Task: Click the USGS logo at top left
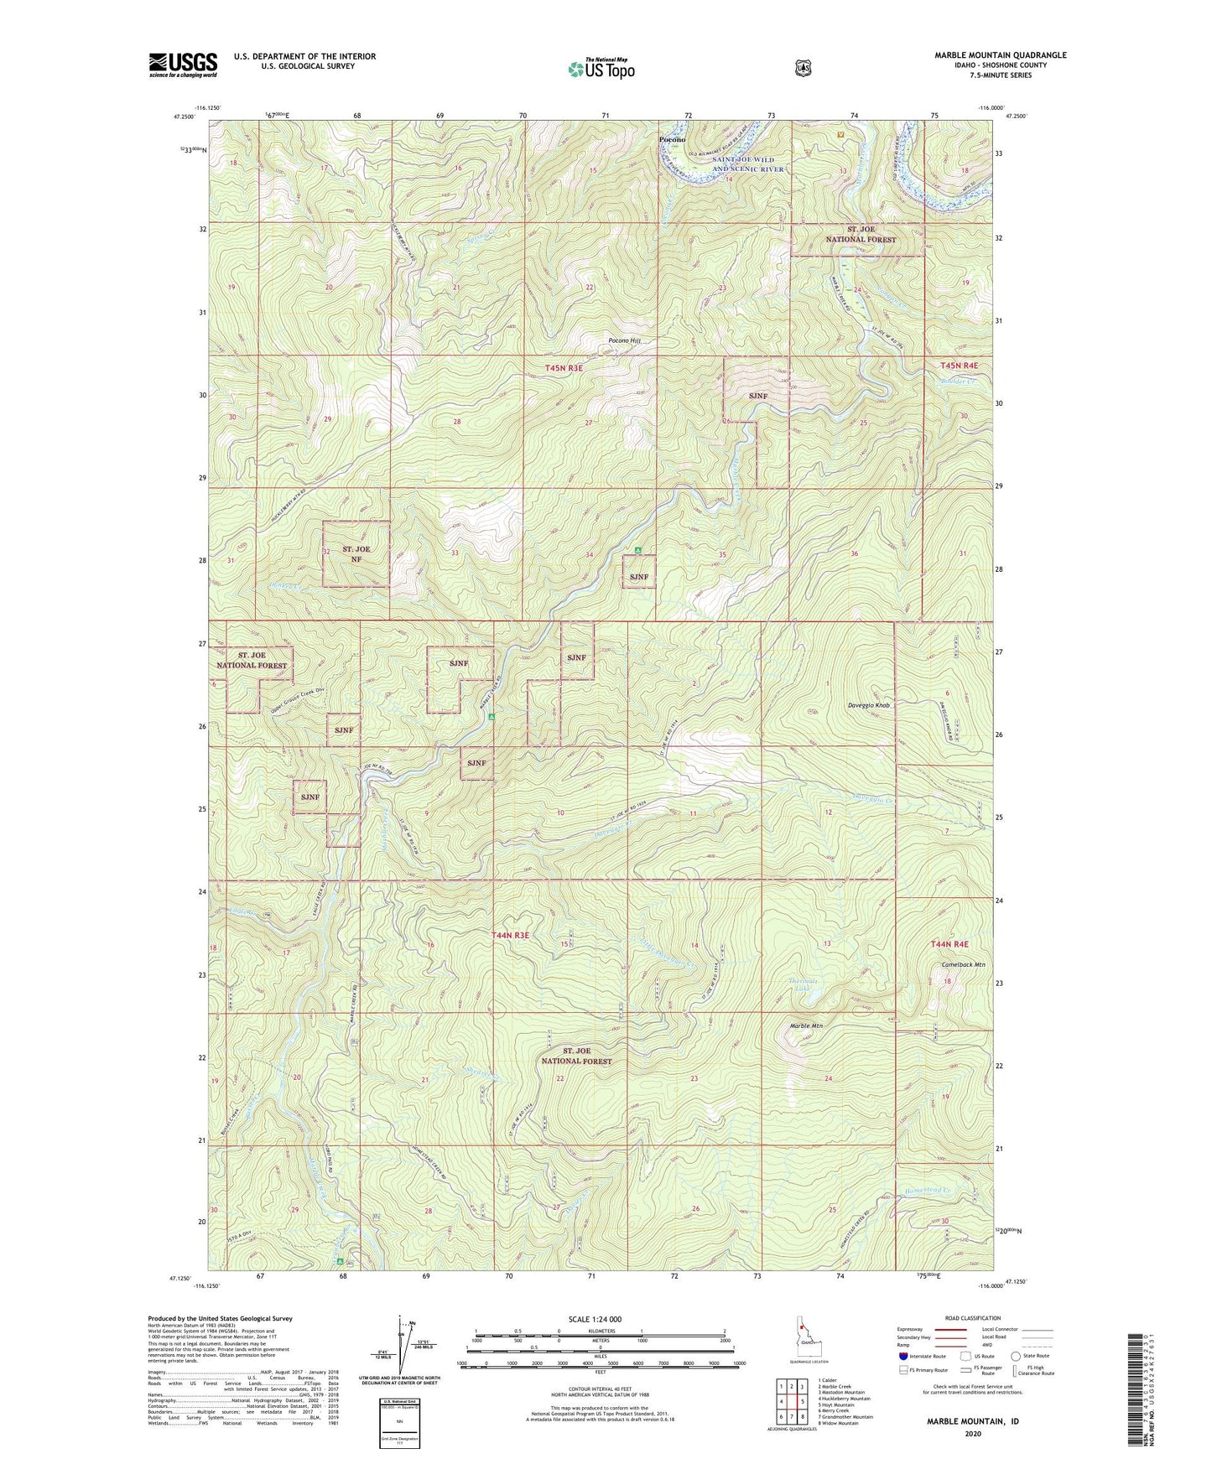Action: pos(183,65)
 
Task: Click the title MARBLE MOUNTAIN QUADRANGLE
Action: pos(1001,55)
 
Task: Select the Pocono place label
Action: pos(673,139)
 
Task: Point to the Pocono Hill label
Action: pos(623,341)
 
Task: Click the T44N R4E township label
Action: pos(949,944)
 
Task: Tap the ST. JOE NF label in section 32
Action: pos(356,554)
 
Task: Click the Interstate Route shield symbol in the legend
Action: pos(902,1355)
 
